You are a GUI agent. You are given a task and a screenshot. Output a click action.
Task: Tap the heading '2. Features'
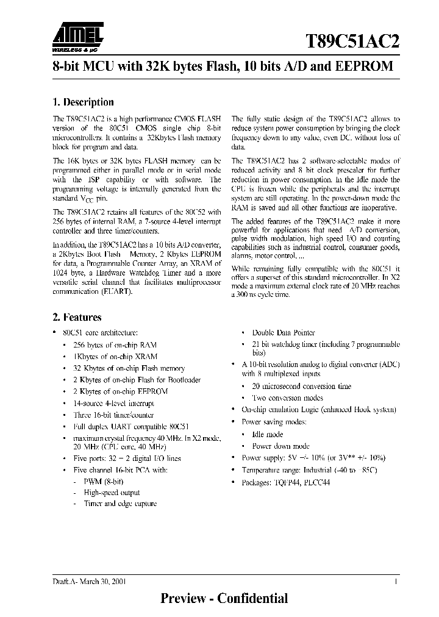pos(77,317)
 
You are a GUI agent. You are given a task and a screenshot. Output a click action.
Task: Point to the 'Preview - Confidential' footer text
pos(224,598)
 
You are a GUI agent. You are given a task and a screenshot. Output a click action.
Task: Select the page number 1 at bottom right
pos(396,582)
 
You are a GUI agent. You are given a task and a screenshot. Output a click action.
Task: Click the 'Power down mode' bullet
pos(280,446)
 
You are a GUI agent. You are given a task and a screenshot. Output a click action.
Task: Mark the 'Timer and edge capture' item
pos(120,504)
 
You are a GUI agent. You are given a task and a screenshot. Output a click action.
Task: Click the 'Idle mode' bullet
pos(268,434)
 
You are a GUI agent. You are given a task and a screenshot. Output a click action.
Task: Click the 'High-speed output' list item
pos(112,493)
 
